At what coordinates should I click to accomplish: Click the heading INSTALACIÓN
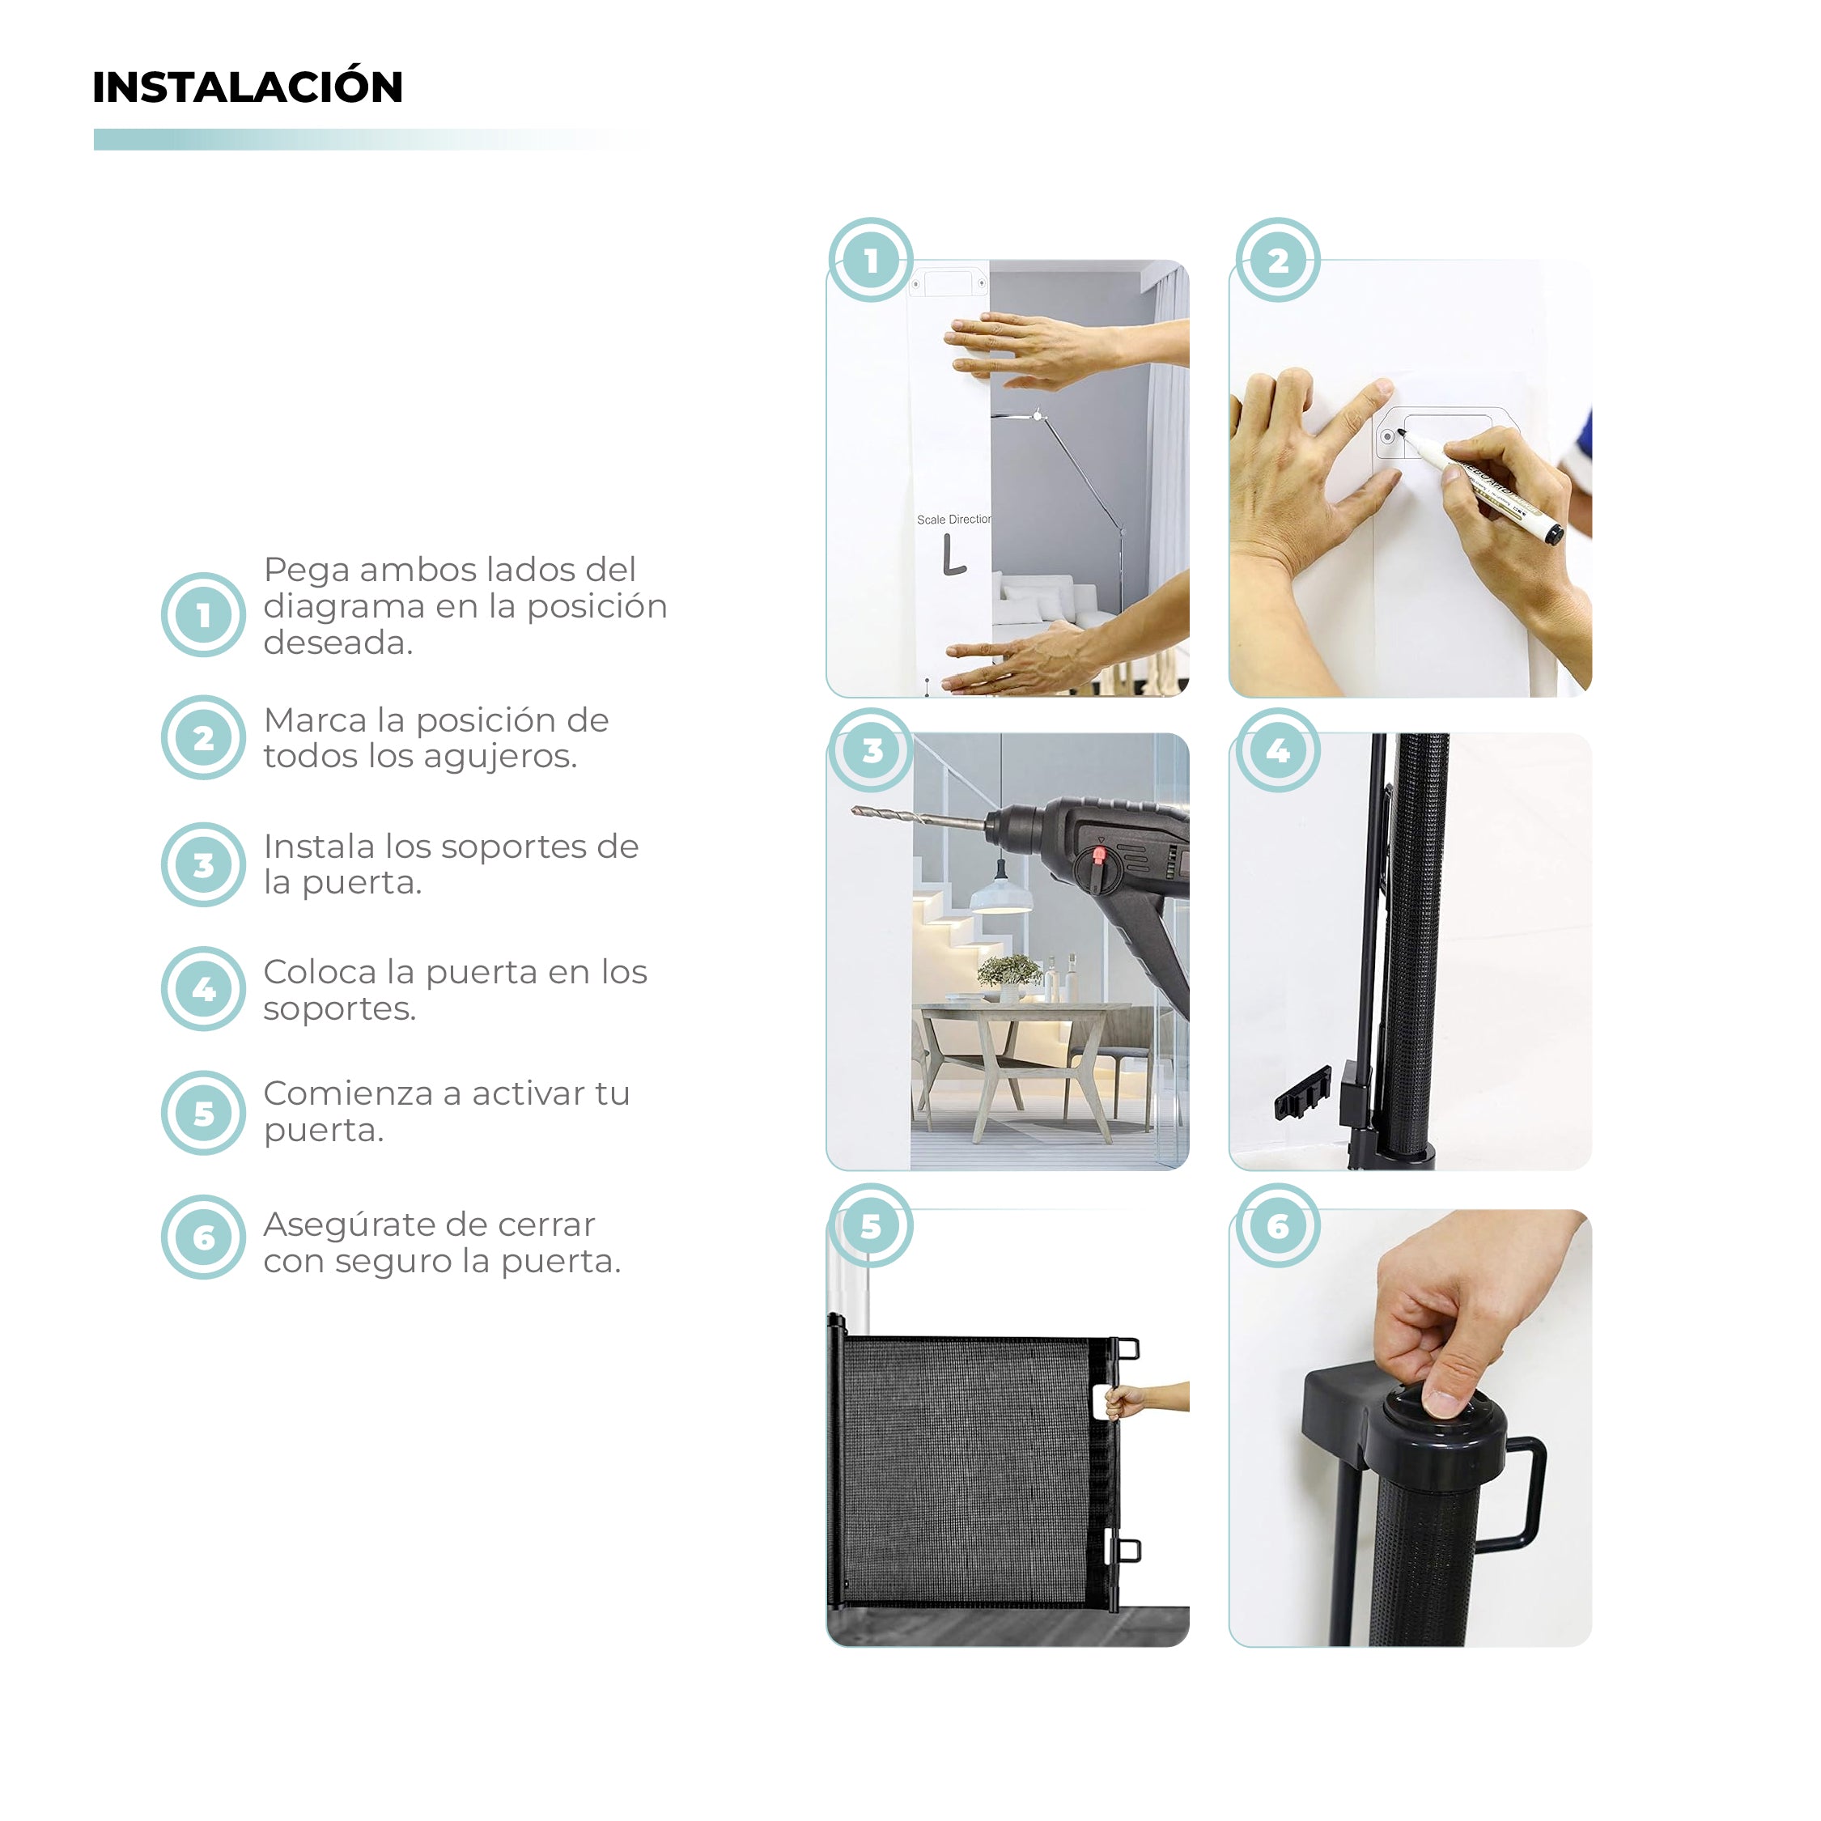[x=247, y=87]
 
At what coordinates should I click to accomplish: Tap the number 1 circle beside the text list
[x=204, y=615]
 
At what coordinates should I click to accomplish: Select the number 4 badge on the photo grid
[x=1277, y=750]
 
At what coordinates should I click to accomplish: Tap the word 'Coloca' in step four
[x=320, y=971]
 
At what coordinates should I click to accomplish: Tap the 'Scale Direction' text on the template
[x=953, y=520]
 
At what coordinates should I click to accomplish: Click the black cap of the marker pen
[x=1553, y=534]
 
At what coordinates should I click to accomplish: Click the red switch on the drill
[x=1098, y=855]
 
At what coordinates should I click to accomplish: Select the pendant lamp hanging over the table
[x=1000, y=894]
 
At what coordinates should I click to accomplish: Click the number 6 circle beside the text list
[x=204, y=1237]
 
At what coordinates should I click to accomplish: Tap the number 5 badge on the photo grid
[x=871, y=1225]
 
